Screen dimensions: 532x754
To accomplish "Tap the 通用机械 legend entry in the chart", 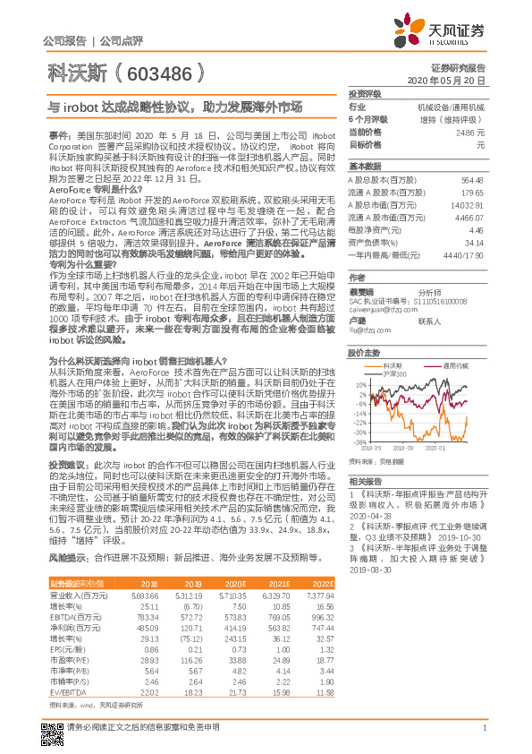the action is [456, 364].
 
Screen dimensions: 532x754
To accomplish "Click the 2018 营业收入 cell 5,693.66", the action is [144, 595].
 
